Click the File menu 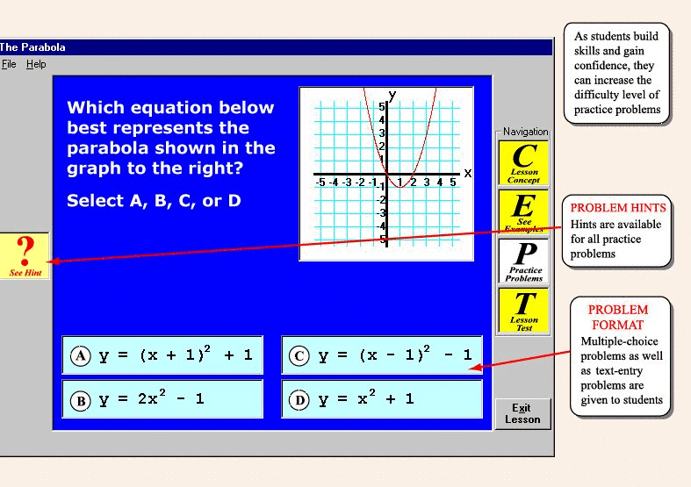click(9, 64)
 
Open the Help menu click(36, 64)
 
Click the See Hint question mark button click(25, 256)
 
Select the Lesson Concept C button click(523, 163)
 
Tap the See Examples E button click(523, 211)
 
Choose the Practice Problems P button click(523, 261)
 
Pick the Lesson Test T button click(523, 311)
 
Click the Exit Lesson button click(522, 413)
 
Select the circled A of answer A click(81, 355)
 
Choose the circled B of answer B click(81, 401)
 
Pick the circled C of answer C click(299, 355)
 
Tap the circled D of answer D click(299, 400)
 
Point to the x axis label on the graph click(468, 173)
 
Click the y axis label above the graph click(392, 95)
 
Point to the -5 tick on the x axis click(320, 182)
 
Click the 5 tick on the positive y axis click(382, 106)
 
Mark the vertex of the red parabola click(399, 187)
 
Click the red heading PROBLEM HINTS click(618, 208)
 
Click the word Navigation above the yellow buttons click(526, 132)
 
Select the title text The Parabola click(32, 47)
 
